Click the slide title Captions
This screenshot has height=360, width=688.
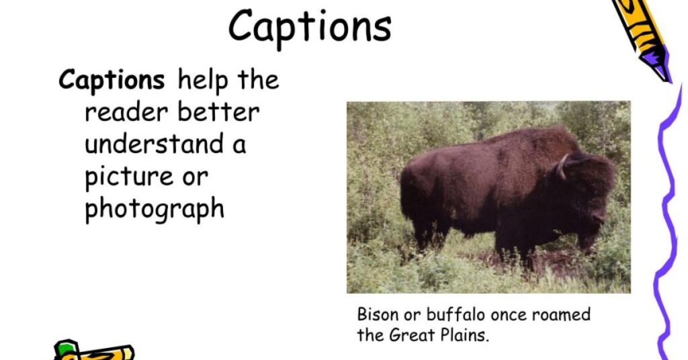click(310, 27)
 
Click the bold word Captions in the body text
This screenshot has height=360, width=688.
click(112, 80)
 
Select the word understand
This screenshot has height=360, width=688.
click(154, 144)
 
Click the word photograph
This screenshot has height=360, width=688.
click(155, 209)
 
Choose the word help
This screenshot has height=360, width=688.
click(203, 81)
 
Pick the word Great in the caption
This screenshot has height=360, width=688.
click(412, 335)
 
